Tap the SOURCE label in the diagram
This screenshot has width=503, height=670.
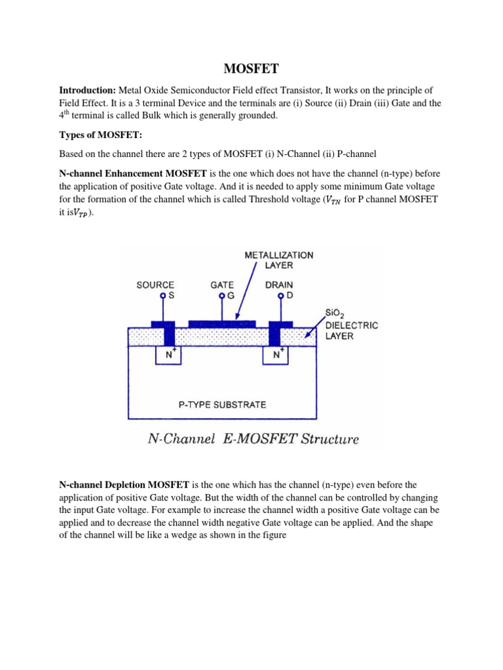(155, 285)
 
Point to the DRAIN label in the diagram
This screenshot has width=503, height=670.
(280, 285)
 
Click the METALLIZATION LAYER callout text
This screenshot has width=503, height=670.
(279, 260)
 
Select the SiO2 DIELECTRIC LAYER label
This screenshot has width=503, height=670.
(351, 325)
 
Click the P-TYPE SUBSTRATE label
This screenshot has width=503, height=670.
(222, 404)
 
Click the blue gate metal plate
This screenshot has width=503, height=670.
(222, 323)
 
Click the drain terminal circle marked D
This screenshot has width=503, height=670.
(280, 296)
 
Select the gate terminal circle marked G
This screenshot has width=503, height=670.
(222, 296)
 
